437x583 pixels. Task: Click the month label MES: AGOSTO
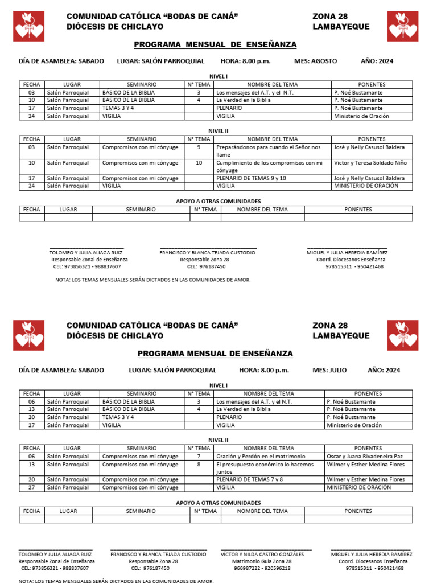point(315,61)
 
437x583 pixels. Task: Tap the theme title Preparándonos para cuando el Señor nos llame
point(269,151)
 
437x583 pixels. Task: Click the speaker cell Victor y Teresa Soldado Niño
point(370,163)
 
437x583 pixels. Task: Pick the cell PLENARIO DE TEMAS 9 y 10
point(251,178)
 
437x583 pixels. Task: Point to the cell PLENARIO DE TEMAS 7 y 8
point(249,479)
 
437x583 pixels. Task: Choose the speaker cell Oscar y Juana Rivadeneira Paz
point(365,457)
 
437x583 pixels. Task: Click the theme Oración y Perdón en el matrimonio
point(261,457)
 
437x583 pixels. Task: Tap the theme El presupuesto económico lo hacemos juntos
point(265,468)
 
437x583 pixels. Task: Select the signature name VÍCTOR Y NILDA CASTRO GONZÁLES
point(266,554)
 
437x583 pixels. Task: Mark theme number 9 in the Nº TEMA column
point(199,147)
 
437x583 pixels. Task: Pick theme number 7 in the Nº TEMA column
point(199,457)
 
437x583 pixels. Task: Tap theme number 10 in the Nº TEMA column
point(199,163)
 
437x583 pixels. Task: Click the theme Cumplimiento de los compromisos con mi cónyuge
point(269,166)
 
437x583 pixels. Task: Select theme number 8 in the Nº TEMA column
point(199,465)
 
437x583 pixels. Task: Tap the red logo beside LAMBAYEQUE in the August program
point(403,26)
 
